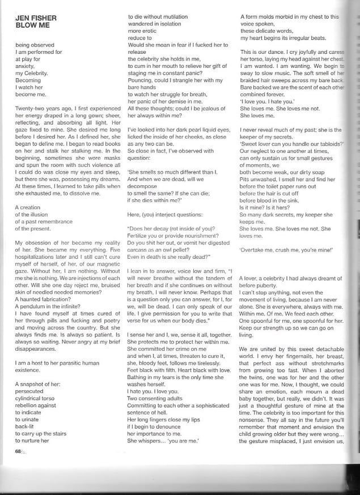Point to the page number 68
pos(19,451)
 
